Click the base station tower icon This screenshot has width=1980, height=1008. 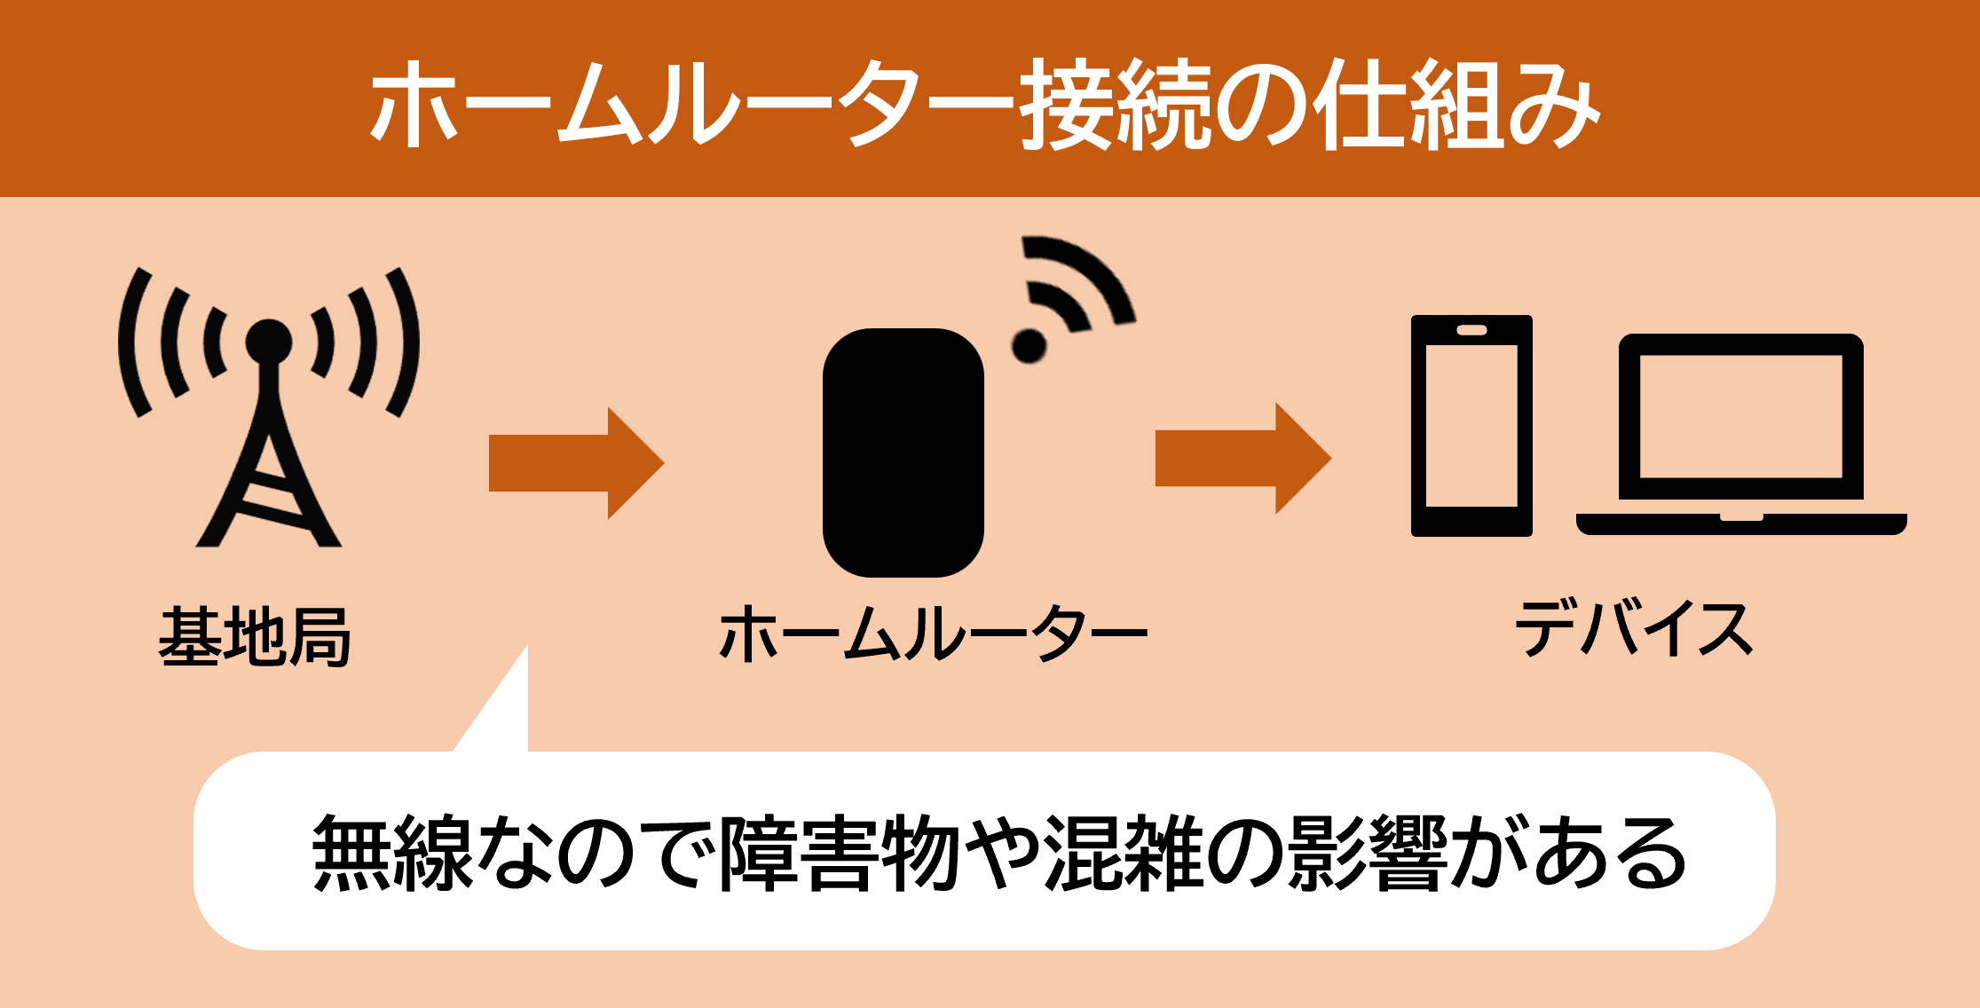(x=268, y=408)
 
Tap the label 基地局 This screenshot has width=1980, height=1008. (x=255, y=636)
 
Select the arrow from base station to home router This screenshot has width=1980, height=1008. (x=575, y=462)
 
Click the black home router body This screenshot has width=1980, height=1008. (x=903, y=453)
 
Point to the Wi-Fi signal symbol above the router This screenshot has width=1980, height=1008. (x=1069, y=297)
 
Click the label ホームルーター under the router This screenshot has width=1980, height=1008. (x=933, y=634)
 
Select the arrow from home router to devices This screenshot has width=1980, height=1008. (x=1242, y=458)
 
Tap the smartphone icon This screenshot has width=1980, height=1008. (x=1471, y=426)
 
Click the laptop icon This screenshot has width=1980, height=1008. (x=1740, y=435)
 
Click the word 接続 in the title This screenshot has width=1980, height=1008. (x=1115, y=105)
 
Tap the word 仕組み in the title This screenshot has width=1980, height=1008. (x=1455, y=105)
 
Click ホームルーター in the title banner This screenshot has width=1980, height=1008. (x=692, y=105)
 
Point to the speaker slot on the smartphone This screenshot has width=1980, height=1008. (x=1471, y=330)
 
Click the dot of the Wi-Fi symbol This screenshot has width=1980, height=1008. (x=1029, y=345)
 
